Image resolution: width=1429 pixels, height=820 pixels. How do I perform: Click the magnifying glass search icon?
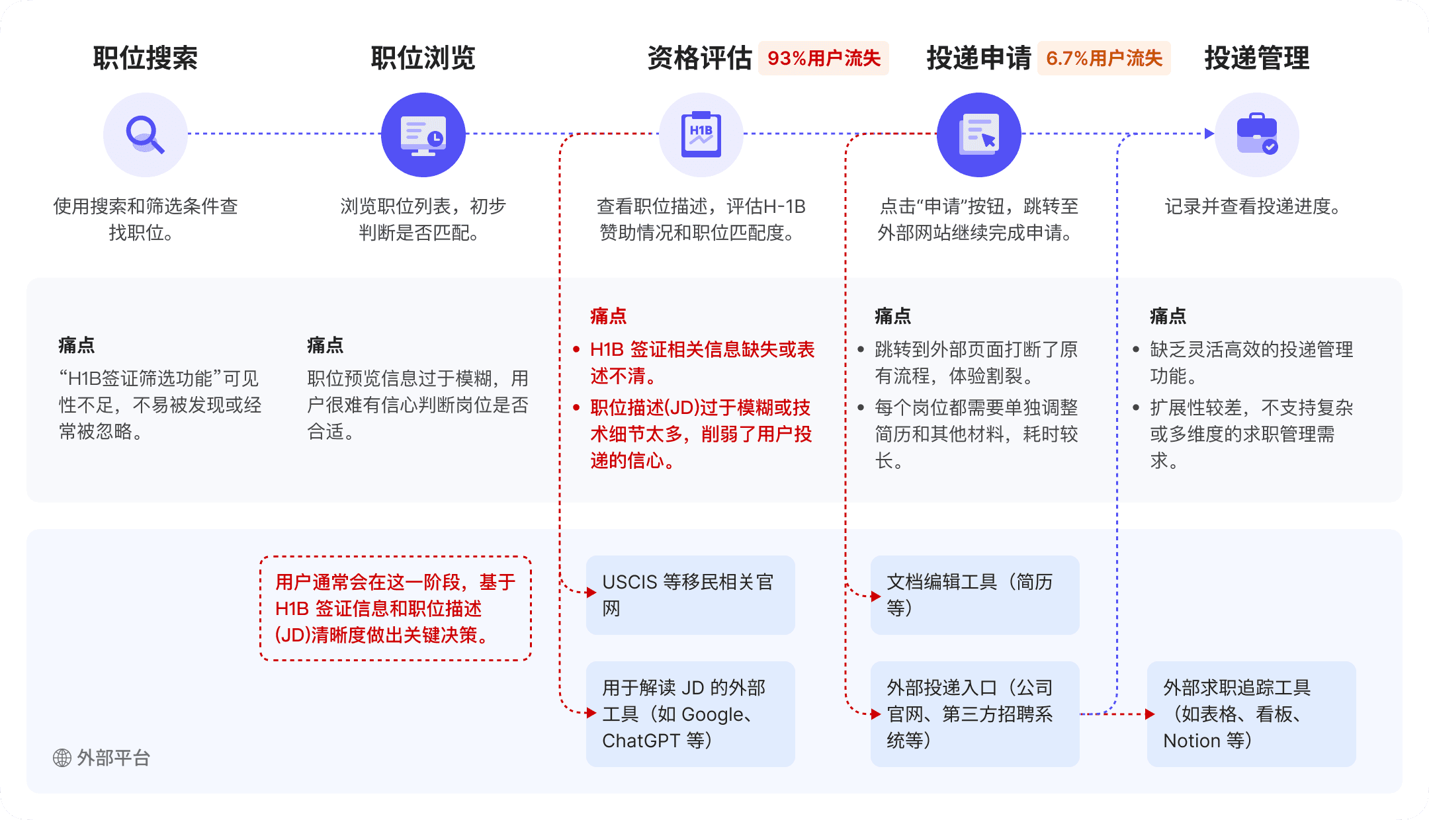point(146,135)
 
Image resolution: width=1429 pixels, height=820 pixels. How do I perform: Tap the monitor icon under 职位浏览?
point(423,135)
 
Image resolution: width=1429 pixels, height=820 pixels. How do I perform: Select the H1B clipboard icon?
point(701,135)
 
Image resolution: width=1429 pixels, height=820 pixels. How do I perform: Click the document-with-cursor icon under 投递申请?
point(979,135)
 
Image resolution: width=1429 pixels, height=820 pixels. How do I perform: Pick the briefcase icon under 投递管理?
point(1257,135)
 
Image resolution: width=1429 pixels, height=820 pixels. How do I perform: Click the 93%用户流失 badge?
point(824,58)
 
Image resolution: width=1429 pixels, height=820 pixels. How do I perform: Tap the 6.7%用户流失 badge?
point(1104,58)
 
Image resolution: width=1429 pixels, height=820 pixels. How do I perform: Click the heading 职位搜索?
point(146,58)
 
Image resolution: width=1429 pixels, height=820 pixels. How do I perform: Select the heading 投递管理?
point(1257,58)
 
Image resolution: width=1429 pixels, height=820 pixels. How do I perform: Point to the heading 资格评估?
point(700,58)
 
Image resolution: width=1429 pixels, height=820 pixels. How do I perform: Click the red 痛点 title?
point(608,316)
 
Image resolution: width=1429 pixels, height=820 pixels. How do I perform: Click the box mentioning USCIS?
point(690,595)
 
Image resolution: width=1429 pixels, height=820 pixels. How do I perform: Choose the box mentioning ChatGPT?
point(690,714)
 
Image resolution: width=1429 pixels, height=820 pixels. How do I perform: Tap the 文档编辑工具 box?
point(974,595)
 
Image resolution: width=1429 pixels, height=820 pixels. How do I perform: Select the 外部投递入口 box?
point(974,714)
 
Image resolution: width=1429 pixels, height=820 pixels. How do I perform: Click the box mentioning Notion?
point(1251,714)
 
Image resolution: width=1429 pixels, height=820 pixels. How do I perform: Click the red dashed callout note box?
point(396,608)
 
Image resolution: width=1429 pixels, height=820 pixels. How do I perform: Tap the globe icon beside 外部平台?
point(62,758)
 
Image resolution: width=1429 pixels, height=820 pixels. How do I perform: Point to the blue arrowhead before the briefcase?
point(1209,134)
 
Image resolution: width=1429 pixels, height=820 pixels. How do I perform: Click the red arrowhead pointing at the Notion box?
point(1150,714)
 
